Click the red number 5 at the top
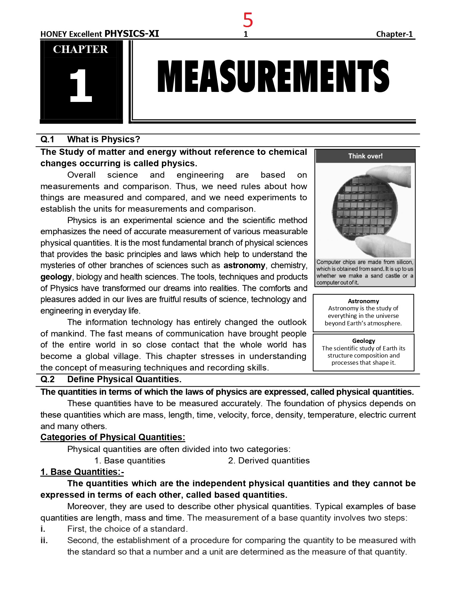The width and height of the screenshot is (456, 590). coord(248,20)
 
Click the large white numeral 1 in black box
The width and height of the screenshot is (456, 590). coord(80,86)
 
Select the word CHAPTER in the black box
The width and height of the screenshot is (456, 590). coord(80,49)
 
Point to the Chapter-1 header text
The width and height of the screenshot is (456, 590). coord(394,34)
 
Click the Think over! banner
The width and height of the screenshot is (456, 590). coord(365,156)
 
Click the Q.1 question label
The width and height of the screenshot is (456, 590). coord(47,139)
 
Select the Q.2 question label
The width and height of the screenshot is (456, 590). coord(47,379)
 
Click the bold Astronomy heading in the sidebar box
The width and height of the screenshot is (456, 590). coord(363,301)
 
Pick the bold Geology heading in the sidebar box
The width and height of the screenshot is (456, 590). coord(363,341)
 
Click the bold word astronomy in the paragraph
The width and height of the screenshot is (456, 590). coord(244,266)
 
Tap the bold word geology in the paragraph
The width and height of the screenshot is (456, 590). coord(56,277)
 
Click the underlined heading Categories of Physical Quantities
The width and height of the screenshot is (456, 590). coord(113,437)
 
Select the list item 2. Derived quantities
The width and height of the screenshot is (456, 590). coord(269,461)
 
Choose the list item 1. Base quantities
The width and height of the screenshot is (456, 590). coord(130,461)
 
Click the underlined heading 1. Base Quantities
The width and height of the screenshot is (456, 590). coord(82,472)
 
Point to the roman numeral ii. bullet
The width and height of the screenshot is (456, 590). coord(44,540)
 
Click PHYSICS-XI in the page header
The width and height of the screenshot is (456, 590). coord(132,34)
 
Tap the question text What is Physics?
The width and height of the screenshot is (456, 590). coord(104,139)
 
